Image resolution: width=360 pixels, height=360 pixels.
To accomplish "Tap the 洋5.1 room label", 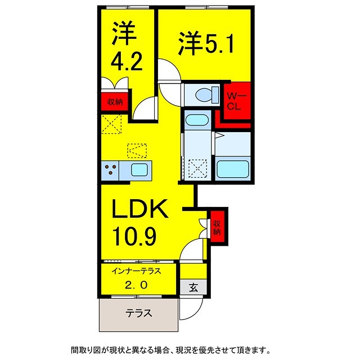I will point(203,44).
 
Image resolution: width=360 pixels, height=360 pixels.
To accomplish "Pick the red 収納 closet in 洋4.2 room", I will point(115,102).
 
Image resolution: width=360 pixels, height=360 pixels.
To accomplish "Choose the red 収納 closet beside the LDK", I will point(217,227).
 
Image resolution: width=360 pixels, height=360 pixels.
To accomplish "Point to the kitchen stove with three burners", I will point(110,169).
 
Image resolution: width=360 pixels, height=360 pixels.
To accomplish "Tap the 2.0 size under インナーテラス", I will point(137,285).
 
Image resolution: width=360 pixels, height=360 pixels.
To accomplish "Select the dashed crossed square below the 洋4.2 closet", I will point(112,123).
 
